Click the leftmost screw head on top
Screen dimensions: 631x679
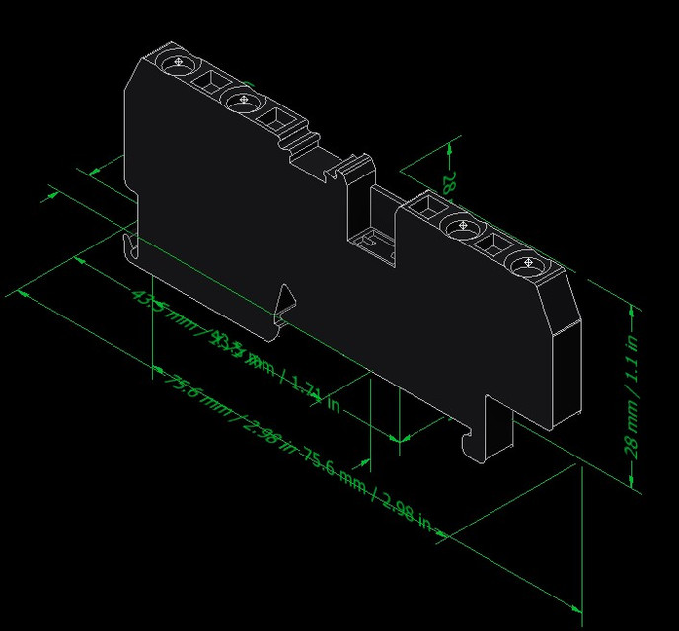pyautogui.click(x=178, y=63)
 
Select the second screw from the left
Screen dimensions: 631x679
pyautogui.click(x=239, y=100)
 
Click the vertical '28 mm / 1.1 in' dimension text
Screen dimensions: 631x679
pyautogui.click(x=633, y=394)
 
